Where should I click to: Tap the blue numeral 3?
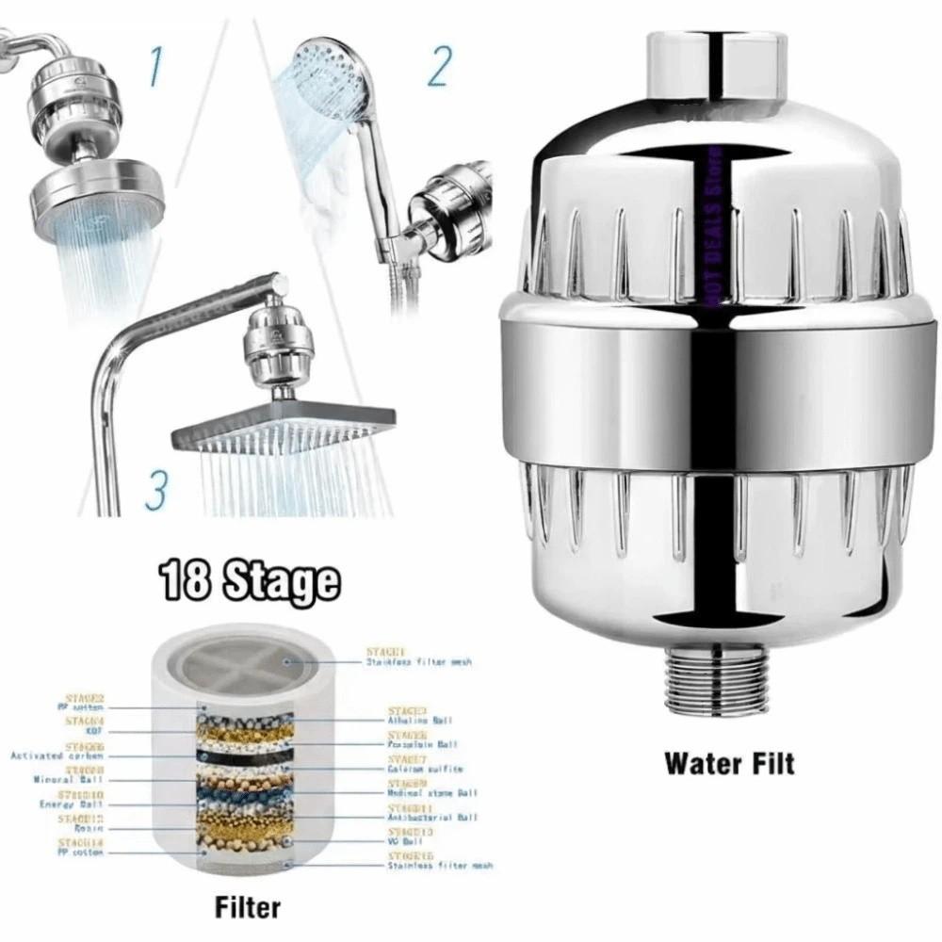tap(156, 490)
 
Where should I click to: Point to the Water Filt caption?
tap(729, 762)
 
